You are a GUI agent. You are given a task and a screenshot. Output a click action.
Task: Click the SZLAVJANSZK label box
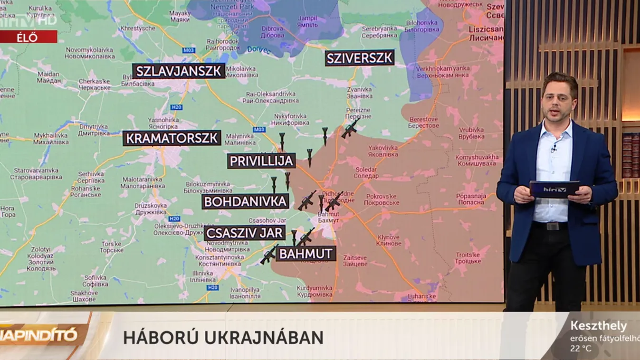(x=179, y=71)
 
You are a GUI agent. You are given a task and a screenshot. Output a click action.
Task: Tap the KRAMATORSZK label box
(x=172, y=138)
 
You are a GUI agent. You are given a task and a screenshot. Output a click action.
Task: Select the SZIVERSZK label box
(x=360, y=58)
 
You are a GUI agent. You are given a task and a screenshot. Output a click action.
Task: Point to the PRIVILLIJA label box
(x=261, y=161)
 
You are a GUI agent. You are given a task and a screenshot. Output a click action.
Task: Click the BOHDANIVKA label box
(x=246, y=201)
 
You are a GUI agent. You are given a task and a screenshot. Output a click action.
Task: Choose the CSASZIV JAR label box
(x=245, y=233)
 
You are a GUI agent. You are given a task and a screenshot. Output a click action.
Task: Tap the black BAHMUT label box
(x=306, y=254)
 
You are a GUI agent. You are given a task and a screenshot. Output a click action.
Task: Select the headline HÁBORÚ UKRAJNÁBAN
(x=223, y=338)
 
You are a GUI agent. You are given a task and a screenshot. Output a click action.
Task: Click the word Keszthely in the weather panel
(x=598, y=326)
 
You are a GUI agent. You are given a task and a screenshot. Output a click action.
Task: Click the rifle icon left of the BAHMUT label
(x=269, y=255)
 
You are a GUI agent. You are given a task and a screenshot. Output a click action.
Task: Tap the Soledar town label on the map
(x=366, y=172)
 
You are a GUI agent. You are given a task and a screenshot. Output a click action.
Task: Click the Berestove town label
(x=423, y=123)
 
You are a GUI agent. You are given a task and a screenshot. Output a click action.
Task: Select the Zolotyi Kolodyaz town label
(x=41, y=259)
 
